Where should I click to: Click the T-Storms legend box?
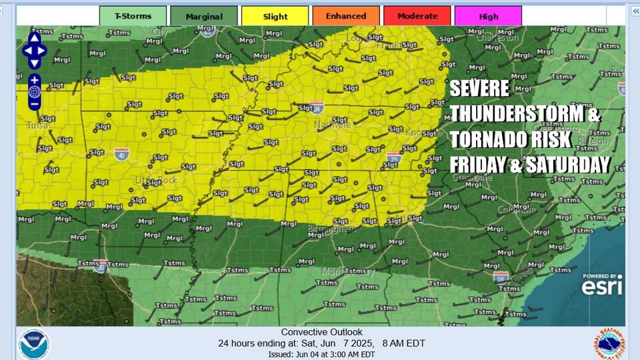tap(133, 16)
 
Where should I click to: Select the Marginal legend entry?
tap(204, 16)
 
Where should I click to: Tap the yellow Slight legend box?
tap(275, 16)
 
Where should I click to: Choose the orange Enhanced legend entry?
tap(345, 16)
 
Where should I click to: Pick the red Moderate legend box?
tap(417, 16)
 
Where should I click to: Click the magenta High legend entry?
tap(488, 16)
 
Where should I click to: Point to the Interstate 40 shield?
tap(121, 155)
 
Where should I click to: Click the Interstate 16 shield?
tap(501, 277)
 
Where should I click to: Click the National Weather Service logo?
tap(609, 344)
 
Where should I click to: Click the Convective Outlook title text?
tap(321, 332)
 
